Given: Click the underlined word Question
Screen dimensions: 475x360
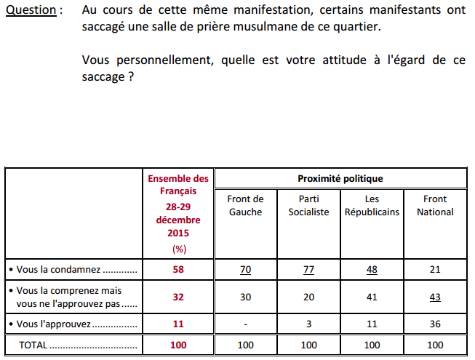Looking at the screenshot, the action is [x=31, y=10].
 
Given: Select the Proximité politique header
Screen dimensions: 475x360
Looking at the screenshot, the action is [x=340, y=179].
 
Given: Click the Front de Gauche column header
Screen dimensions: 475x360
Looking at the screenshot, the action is [x=245, y=205].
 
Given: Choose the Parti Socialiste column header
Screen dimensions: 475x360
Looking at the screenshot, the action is [x=308, y=205].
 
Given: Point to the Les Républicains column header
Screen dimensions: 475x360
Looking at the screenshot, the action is [x=372, y=205].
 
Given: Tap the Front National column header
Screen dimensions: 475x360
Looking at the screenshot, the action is [x=435, y=205].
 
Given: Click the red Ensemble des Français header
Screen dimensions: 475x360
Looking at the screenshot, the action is [x=178, y=185].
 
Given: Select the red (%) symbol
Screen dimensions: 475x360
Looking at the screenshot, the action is [x=179, y=249].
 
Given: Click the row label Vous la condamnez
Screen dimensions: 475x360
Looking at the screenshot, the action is [x=58, y=270].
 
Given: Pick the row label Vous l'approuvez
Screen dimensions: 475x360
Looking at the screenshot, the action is [x=53, y=324].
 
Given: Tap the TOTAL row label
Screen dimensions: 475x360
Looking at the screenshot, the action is [x=33, y=345].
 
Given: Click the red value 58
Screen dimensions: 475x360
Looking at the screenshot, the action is [x=178, y=270].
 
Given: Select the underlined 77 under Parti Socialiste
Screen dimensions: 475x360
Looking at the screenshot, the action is [x=308, y=270].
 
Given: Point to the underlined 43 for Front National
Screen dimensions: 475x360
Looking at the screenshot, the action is [x=435, y=297].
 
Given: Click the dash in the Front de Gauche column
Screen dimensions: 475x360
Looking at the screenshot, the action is [x=245, y=324].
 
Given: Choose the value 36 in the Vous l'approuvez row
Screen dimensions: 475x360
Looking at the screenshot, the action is [x=435, y=324].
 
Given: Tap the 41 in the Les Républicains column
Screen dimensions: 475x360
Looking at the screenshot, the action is [x=372, y=297].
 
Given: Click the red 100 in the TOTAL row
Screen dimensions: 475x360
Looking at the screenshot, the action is [x=178, y=345].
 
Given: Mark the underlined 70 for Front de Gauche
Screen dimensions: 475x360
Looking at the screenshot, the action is [x=245, y=270].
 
